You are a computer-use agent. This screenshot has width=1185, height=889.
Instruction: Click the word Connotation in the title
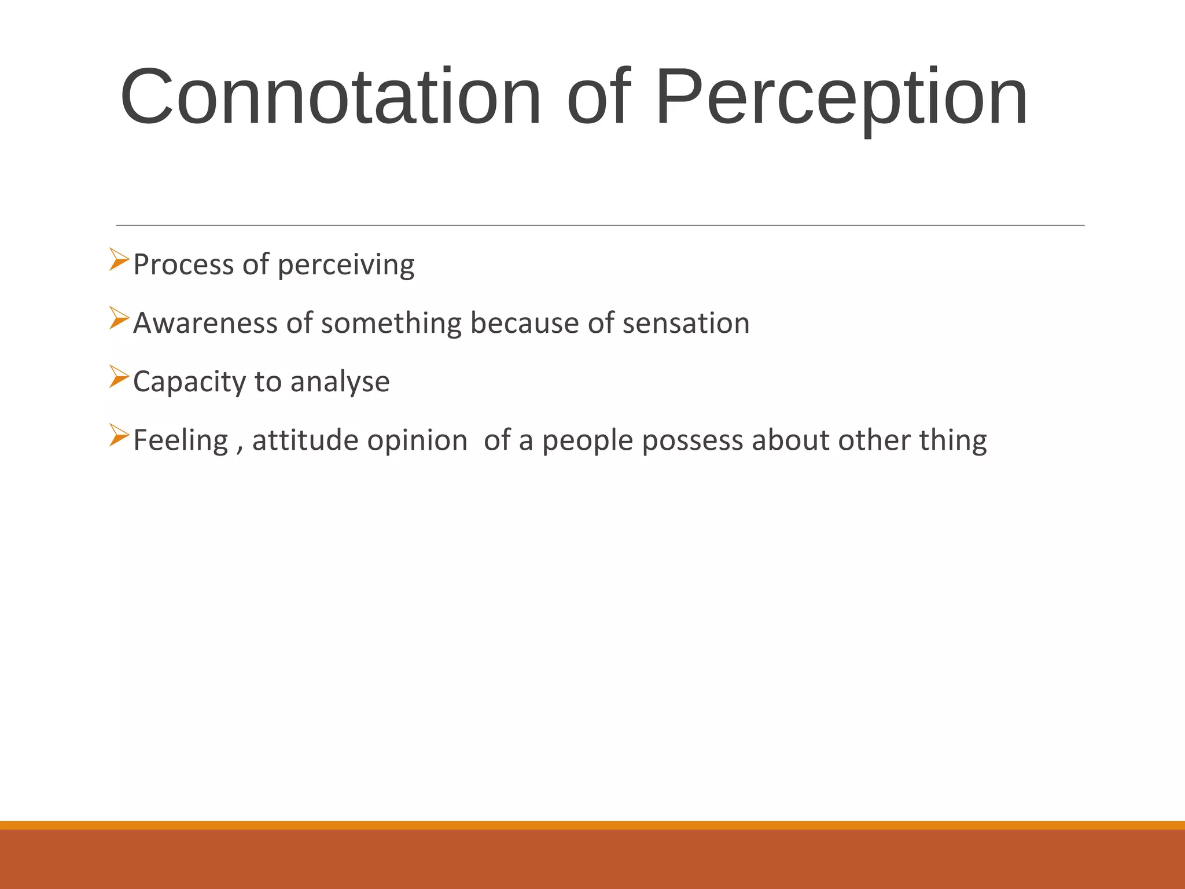(330, 97)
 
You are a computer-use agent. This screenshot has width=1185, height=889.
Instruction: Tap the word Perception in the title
(841, 97)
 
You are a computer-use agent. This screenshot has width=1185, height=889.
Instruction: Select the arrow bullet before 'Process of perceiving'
(119, 259)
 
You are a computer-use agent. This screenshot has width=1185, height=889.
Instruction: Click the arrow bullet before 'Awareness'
(119, 318)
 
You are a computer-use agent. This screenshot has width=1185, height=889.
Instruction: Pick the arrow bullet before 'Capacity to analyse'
(119, 377)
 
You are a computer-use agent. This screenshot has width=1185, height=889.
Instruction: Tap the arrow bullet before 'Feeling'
(119, 435)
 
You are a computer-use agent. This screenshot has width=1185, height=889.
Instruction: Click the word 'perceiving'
(345, 265)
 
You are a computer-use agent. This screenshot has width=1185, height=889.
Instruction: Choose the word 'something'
(391, 324)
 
